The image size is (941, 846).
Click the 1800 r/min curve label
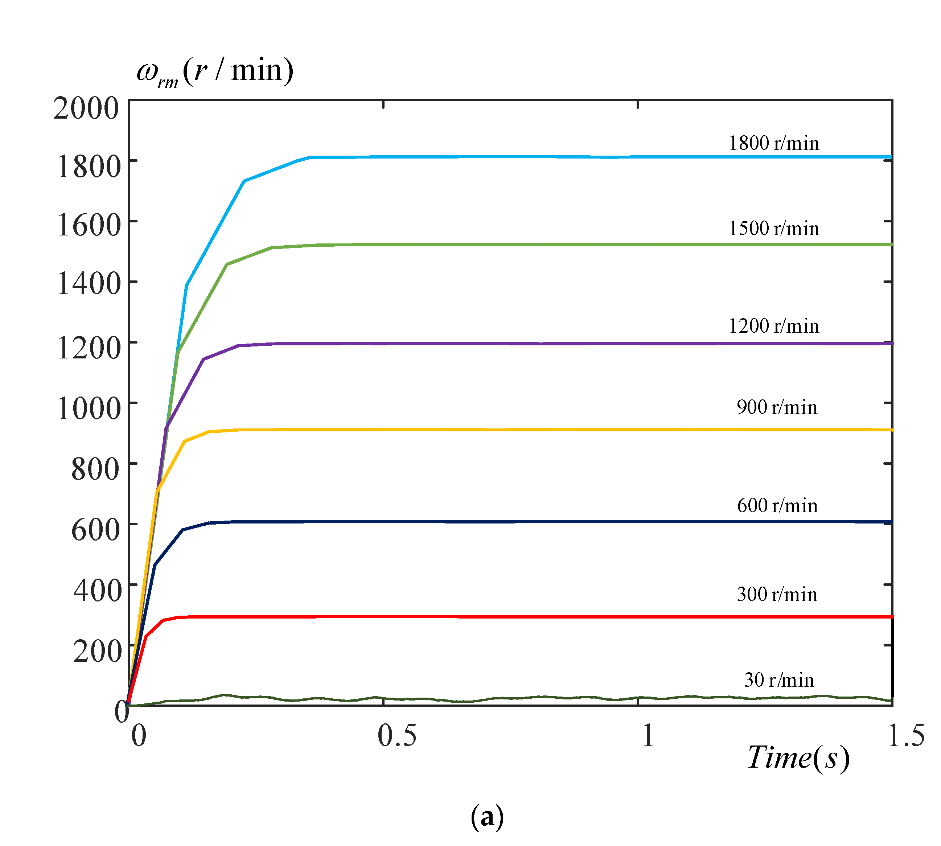coord(773,143)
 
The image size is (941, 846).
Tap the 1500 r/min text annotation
coord(773,229)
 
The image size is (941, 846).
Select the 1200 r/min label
coord(773,326)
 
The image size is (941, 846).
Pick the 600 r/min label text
coord(777,506)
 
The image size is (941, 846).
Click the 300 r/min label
coord(777,595)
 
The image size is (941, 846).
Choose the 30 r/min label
coord(779,680)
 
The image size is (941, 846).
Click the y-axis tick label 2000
coord(86,109)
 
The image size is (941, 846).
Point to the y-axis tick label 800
coord(95,469)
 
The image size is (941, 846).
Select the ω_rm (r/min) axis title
coord(215,72)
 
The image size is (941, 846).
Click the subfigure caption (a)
coord(486,817)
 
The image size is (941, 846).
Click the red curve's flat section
coord(511,617)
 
